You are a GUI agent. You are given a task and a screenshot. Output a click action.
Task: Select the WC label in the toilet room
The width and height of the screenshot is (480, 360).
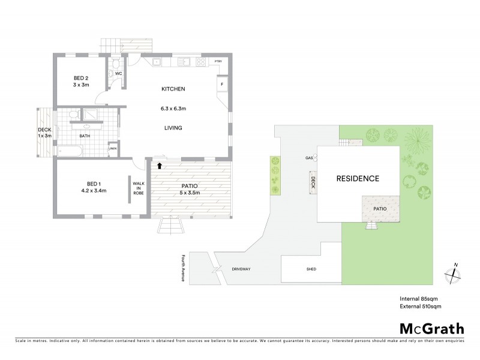tap(119, 74)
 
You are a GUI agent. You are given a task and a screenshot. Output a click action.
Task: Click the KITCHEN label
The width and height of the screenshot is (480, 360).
tap(173, 89)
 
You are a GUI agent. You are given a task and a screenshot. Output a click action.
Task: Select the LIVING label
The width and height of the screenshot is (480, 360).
tap(172, 128)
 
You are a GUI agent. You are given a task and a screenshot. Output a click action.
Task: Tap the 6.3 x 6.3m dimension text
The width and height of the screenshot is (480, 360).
tap(173, 109)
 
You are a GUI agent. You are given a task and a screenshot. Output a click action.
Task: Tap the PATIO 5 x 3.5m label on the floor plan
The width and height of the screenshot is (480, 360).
tap(190, 189)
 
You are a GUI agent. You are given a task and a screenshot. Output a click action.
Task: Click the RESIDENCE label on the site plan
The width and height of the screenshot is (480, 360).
tap(357, 178)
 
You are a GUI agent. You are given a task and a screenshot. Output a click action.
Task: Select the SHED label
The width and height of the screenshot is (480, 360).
tap(311, 269)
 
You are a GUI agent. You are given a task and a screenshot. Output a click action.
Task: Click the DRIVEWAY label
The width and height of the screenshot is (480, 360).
tap(242, 269)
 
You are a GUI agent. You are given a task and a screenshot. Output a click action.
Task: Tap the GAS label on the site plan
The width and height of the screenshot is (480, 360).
tap(309, 158)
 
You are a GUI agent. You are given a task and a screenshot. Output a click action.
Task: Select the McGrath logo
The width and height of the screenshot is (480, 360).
tap(431, 328)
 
